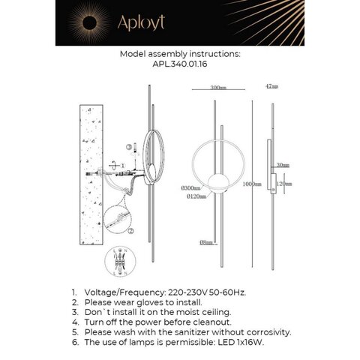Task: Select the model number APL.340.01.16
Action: tap(180, 65)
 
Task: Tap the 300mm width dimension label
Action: tap(218, 88)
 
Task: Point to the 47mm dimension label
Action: tap(272, 88)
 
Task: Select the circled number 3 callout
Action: tap(128, 147)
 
